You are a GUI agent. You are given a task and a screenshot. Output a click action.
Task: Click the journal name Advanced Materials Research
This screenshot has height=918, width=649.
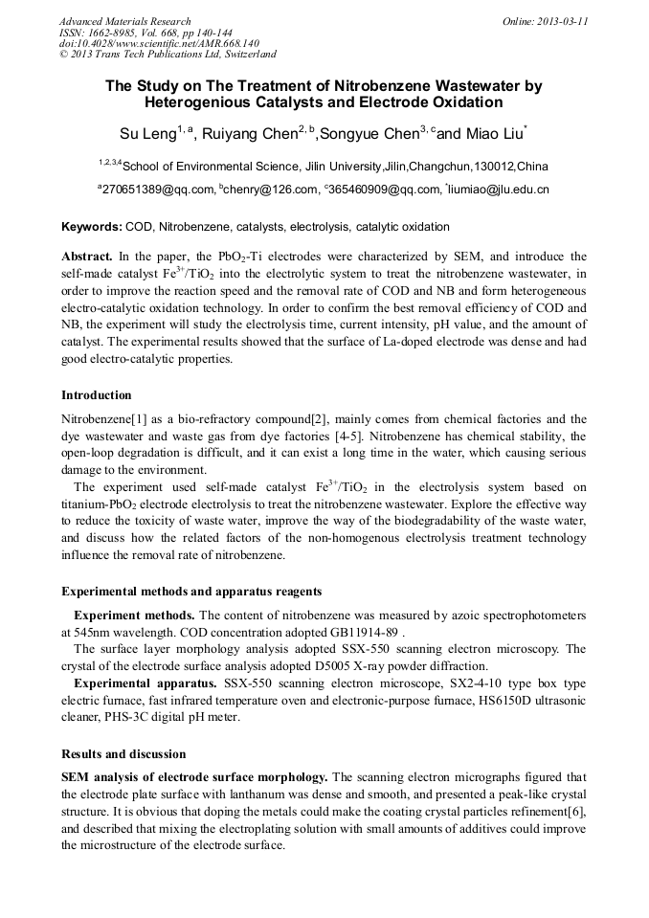point(125,21)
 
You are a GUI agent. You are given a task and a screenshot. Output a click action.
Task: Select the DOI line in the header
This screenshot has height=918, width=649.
point(159,43)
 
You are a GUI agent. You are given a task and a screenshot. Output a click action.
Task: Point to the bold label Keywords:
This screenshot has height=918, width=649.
point(92,227)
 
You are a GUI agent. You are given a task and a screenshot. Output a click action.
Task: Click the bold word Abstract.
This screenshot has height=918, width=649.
point(87,257)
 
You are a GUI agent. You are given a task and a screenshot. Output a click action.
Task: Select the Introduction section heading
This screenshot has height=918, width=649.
point(97,395)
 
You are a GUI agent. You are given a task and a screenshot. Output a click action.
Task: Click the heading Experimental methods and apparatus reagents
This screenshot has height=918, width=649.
point(191,591)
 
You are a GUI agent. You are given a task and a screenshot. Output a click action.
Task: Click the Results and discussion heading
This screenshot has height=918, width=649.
point(123,754)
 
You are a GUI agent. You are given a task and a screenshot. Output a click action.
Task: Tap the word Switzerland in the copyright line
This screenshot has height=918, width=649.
point(244,55)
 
